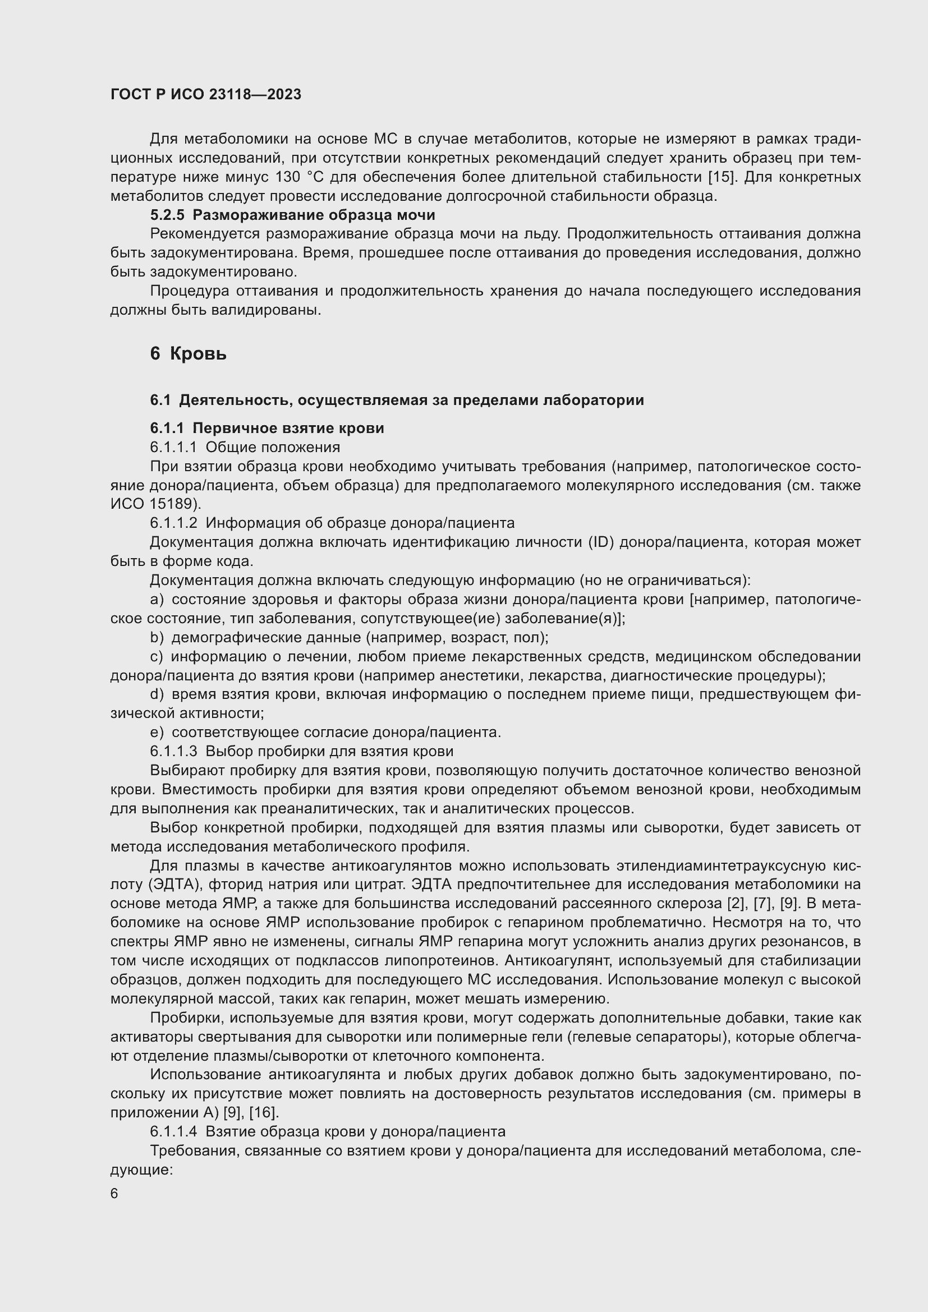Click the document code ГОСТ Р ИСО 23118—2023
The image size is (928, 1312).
[206, 94]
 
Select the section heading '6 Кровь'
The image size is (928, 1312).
[188, 354]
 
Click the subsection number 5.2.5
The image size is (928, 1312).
[167, 215]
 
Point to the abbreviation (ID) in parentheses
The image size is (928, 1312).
[600, 542]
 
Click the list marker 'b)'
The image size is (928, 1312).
[157, 637]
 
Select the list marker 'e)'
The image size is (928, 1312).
[157, 732]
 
